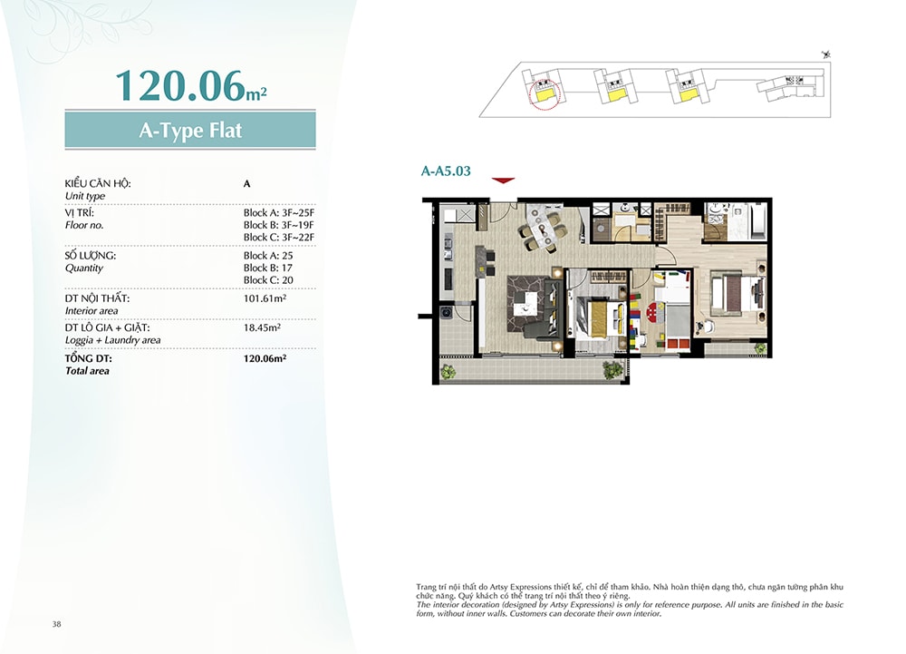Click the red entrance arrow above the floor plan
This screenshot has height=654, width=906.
click(x=503, y=181)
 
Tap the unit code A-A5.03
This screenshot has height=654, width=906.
click(x=446, y=171)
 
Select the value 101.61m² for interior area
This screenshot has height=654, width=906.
click(x=265, y=298)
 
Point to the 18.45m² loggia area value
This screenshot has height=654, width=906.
click(x=262, y=327)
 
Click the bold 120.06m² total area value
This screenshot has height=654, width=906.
click(x=265, y=358)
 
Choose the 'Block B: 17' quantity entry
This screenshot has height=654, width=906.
click(x=267, y=268)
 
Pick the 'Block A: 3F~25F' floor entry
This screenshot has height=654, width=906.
click(x=278, y=213)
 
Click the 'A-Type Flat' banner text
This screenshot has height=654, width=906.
click(x=190, y=130)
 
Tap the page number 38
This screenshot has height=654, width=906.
click(x=56, y=624)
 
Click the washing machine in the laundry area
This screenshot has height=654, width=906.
click(x=446, y=314)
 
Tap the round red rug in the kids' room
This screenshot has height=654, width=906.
click(x=655, y=311)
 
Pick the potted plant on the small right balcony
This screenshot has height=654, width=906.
click(x=760, y=348)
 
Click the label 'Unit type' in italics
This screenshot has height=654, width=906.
click(x=85, y=196)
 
